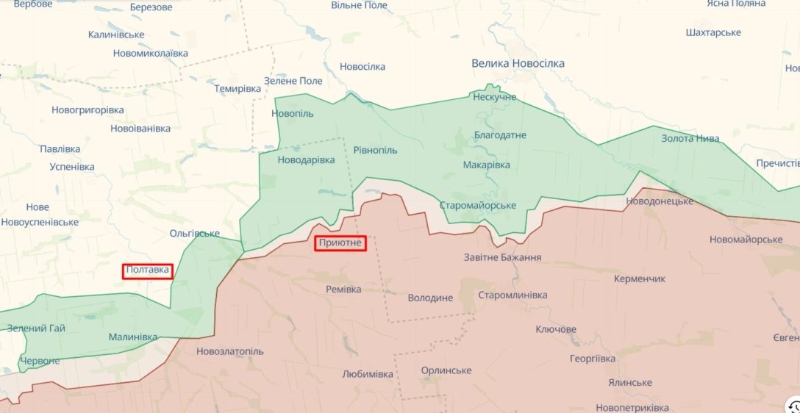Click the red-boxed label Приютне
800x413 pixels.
click(x=340, y=243)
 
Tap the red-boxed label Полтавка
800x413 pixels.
click(x=148, y=270)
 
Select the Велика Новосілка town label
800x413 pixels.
click(x=518, y=63)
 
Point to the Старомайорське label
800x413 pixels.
click(x=477, y=205)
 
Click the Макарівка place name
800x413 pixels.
click(x=486, y=165)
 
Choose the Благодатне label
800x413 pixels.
click(x=500, y=135)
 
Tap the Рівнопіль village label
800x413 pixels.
click(x=375, y=150)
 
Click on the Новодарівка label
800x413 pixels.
click(x=306, y=160)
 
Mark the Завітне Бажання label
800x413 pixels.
click(x=502, y=257)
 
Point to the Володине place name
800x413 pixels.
click(x=430, y=298)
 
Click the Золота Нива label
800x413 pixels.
click(x=690, y=138)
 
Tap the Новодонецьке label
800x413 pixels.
click(x=660, y=201)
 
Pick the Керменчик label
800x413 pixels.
click(x=640, y=279)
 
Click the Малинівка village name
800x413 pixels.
click(x=132, y=337)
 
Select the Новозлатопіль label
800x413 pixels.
click(x=229, y=351)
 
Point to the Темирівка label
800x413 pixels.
click(x=238, y=88)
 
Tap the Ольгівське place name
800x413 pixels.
click(x=194, y=233)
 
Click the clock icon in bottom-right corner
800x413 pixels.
click(x=793, y=406)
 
